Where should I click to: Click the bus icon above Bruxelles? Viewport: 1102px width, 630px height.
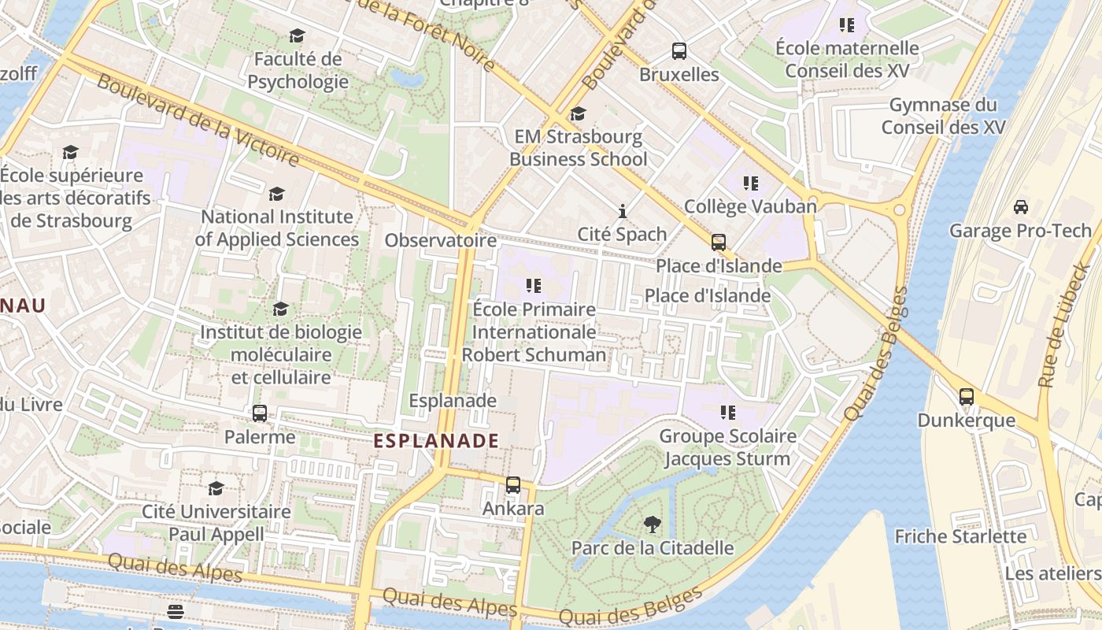click(x=679, y=52)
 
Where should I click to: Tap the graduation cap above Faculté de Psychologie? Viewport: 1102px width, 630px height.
click(x=297, y=36)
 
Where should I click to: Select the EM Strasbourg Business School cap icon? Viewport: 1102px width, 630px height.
click(x=578, y=114)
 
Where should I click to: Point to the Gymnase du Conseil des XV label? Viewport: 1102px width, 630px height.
click(x=943, y=116)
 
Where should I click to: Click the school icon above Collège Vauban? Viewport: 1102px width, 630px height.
click(x=751, y=183)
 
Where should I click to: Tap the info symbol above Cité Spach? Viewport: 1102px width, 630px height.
click(x=623, y=211)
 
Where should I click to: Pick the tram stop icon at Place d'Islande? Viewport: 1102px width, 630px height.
click(x=718, y=243)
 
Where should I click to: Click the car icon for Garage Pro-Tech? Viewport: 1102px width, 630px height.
click(x=1021, y=207)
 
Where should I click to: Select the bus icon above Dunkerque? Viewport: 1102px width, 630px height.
click(x=967, y=397)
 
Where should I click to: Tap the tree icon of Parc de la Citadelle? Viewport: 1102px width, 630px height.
click(x=652, y=524)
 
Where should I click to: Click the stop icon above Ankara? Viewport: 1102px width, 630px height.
click(x=513, y=485)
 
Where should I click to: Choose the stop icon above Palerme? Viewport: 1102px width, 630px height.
click(x=260, y=413)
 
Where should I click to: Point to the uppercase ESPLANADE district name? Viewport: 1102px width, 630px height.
click(x=436, y=441)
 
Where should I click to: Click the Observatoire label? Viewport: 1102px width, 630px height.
click(x=440, y=240)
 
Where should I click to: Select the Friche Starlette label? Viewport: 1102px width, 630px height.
click(x=960, y=537)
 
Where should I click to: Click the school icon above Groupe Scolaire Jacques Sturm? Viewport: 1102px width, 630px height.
click(x=727, y=412)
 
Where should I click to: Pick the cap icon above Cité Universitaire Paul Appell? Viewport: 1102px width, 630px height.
click(x=216, y=488)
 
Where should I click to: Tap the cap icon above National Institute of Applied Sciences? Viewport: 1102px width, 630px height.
click(x=276, y=194)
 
